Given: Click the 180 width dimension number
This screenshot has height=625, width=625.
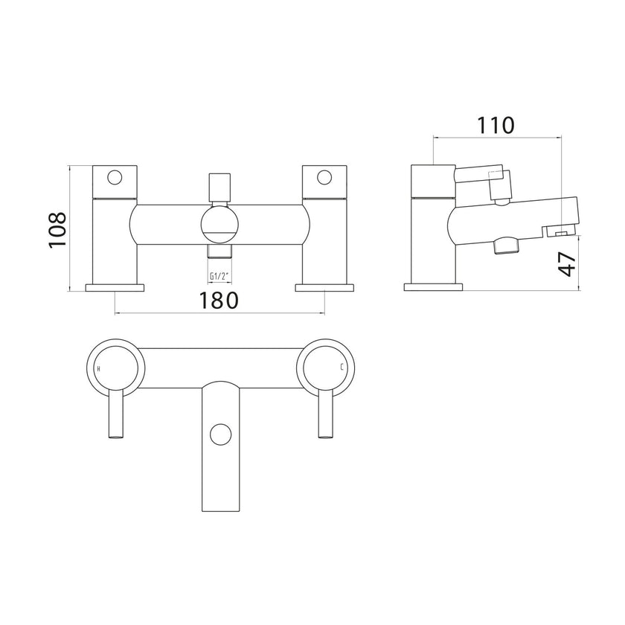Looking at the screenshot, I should pyautogui.click(x=219, y=301).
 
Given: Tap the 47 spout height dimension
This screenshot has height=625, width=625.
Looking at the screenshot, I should pyautogui.click(x=567, y=263).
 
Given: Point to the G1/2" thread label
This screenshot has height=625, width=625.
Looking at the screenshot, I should pyautogui.click(x=219, y=276).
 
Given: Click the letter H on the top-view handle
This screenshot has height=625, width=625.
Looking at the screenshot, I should pyautogui.click(x=100, y=368).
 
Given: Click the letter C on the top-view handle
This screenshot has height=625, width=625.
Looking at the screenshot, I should pyautogui.click(x=342, y=368).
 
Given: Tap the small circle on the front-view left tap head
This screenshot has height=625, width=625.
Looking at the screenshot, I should pyautogui.click(x=115, y=178).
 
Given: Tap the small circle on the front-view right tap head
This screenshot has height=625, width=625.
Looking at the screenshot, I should pyautogui.click(x=324, y=178).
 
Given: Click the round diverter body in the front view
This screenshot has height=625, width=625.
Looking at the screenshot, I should pyautogui.click(x=219, y=225).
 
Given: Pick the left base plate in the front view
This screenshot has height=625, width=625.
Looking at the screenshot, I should pyautogui.click(x=115, y=286).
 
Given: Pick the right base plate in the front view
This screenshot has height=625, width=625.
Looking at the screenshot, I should pyautogui.click(x=325, y=286).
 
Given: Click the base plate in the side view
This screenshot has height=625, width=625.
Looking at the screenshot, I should pyautogui.click(x=432, y=286).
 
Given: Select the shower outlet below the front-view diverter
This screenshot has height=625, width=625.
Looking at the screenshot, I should pyautogui.click(x=219, y=260).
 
